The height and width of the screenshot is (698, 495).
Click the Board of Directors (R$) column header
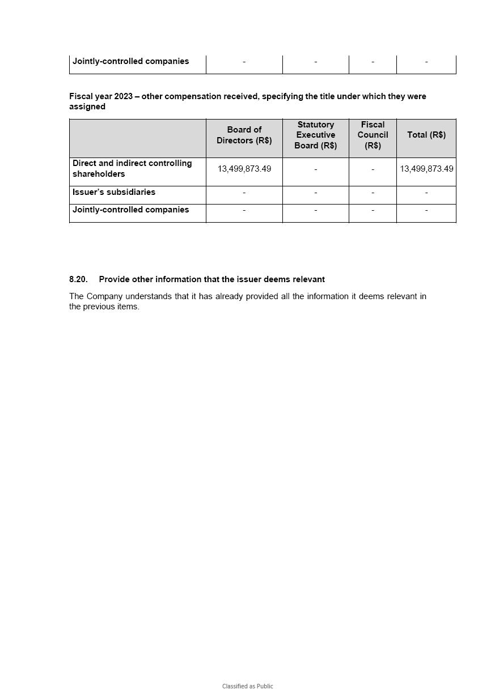244,135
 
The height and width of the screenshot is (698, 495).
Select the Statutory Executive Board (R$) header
315,135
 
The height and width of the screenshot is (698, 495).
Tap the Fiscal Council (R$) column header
373,135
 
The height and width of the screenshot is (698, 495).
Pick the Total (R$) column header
426,135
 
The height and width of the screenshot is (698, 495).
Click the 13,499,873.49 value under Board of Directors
244,169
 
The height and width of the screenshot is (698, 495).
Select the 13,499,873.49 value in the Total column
426,169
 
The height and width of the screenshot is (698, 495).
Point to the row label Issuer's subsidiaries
113,192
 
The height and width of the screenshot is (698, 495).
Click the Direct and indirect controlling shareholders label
132,169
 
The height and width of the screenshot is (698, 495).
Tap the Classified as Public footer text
247,686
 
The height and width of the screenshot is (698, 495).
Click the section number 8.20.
78,279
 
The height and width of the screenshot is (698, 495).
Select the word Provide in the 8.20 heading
114,279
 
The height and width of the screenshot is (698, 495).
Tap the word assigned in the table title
87,107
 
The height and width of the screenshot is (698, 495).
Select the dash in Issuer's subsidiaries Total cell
426,193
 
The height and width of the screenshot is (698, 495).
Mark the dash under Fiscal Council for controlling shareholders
373,169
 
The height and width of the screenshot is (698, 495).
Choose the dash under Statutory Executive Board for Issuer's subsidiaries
315,193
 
